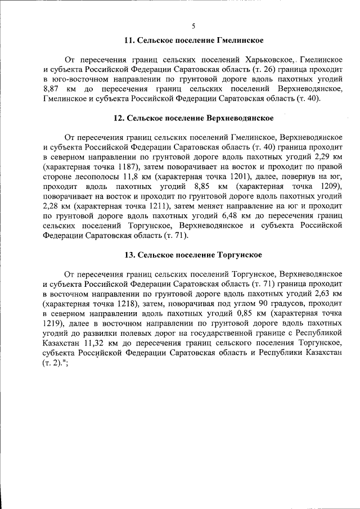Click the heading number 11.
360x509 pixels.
point(129,40)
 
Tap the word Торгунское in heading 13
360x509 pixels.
point(240,255)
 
